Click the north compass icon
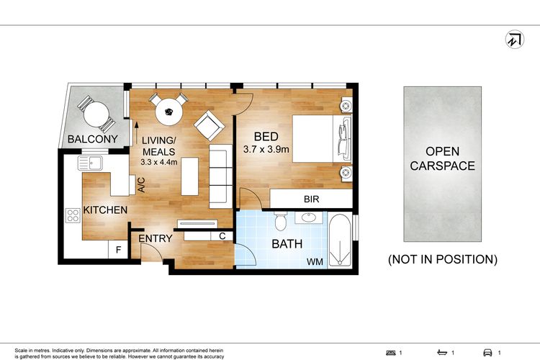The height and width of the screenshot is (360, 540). point(515,40)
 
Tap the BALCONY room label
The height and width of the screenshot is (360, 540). point(93,139)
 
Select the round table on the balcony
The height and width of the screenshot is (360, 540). point(96,114)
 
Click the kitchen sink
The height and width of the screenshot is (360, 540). point(90,163)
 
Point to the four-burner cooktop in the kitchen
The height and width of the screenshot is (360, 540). point(73,215)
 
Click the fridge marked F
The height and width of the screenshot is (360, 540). point(118,249)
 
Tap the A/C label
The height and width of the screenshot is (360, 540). point(141,185)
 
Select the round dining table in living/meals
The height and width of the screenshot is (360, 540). point(168,112)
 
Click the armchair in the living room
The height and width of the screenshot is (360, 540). point(209,125)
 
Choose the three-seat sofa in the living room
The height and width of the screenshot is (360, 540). point(221,176)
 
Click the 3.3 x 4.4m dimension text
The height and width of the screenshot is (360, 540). point(159,162)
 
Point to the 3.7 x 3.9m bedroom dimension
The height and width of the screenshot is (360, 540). point(266,150)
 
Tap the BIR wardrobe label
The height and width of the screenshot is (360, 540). point(311,199)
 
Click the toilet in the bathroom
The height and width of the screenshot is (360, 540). point(281,221)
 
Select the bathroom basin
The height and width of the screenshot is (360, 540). point(309,217)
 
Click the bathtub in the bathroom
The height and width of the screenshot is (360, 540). point(340,240)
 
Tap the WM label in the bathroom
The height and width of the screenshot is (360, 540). point(315,262)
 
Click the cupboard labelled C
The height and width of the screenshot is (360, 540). point(222,236)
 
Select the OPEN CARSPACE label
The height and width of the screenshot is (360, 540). point(443,158)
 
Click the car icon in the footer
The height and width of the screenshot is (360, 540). point(487,352)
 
